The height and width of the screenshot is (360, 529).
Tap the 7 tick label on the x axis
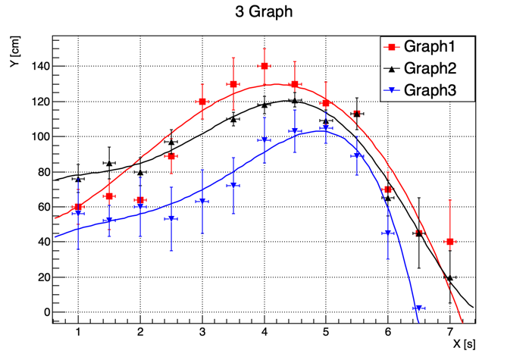click(450, 332)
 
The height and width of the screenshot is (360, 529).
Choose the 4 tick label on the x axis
click(264, 332)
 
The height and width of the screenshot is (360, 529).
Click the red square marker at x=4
click(264, 67)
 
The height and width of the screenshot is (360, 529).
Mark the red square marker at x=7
click(450, 242)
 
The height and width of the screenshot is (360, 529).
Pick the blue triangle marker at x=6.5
click(418, 308)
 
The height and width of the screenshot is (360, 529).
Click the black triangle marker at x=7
click(450, 277)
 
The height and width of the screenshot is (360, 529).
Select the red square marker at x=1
click(78, 207)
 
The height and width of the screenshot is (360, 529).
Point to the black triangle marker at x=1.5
click(109, 163)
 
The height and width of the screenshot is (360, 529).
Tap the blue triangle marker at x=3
click(202, 202)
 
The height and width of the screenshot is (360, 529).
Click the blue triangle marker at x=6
click(388, 233)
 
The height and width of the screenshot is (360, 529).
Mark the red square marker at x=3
click(202, 102)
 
